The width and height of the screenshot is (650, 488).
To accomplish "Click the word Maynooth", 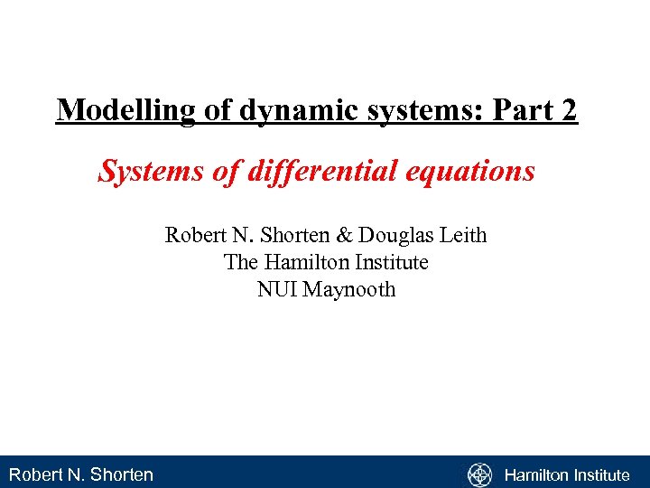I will pos(348,290).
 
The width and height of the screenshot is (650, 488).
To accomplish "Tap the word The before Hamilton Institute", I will pos(240,263).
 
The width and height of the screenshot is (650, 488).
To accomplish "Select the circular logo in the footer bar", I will pos(479,474).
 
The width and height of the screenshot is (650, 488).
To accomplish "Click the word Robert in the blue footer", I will pos(33,474).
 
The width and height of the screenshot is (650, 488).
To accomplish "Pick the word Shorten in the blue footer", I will pos(122,474).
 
